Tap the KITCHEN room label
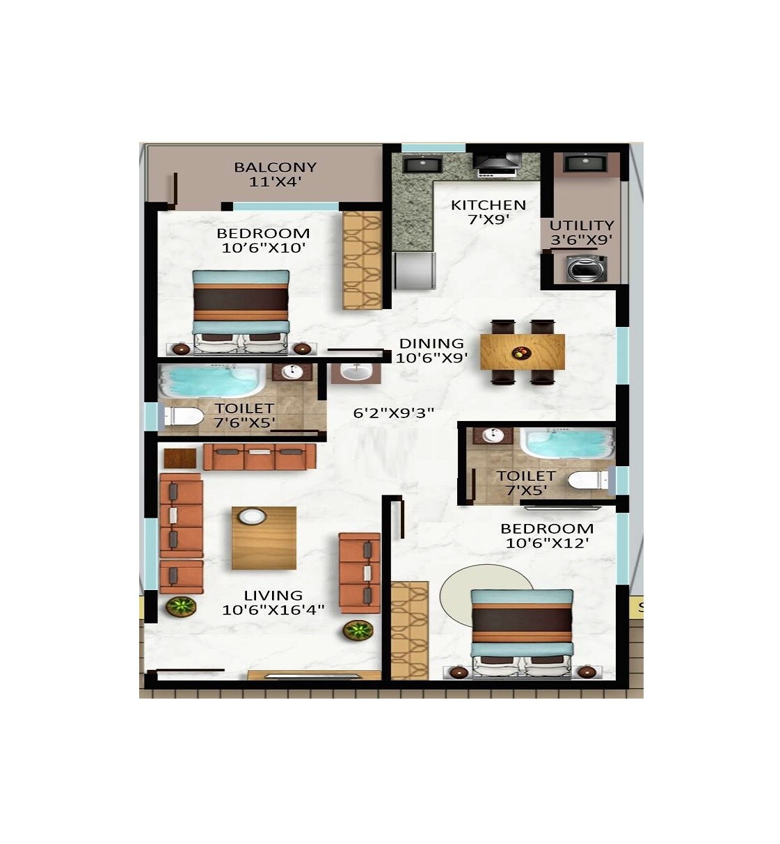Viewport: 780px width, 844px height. coord(488,205)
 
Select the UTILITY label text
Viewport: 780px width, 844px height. coord(582,225)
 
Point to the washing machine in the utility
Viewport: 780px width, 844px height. coord(582,268)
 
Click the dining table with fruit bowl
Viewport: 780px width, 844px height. coord(523,351)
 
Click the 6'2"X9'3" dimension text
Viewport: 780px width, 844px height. coord(394,413)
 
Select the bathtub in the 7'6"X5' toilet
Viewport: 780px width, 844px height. coord(207,382)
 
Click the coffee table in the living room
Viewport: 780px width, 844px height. coord(264,538)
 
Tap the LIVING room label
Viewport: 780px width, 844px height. coord(273,596)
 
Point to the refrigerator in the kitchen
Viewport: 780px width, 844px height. coord(415,270)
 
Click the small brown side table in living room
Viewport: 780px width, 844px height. coord(181,459)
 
